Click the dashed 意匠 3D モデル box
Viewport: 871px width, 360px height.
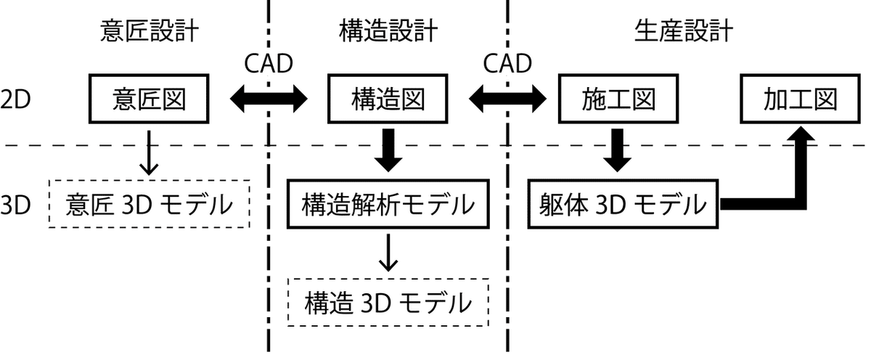tap(149, 204)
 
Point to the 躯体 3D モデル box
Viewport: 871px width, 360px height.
tap(623, 204)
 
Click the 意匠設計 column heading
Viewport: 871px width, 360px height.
tap(150, 31)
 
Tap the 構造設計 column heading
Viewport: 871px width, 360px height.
tap(388, 31)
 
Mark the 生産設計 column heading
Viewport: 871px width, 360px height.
tap(683, 31)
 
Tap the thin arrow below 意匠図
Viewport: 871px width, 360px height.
tap(149, 152)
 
